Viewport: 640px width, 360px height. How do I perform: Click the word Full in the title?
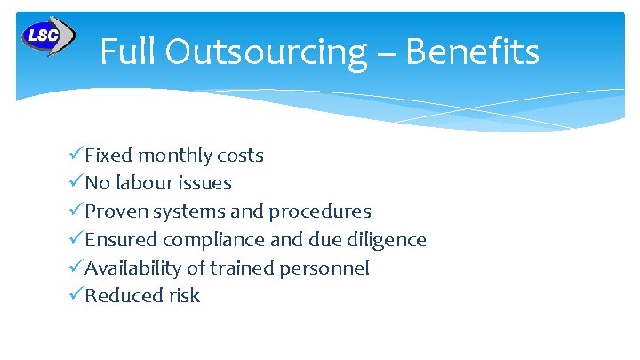123,52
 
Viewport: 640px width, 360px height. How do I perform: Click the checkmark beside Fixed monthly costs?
76,155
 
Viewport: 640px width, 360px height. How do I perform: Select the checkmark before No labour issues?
76,183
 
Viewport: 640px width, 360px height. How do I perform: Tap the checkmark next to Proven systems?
76,212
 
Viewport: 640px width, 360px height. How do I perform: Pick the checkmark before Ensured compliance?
76,239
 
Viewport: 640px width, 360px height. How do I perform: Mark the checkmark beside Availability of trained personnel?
76,268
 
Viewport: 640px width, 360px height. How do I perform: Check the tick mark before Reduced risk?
76,296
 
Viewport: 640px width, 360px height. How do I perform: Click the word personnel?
328,268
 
